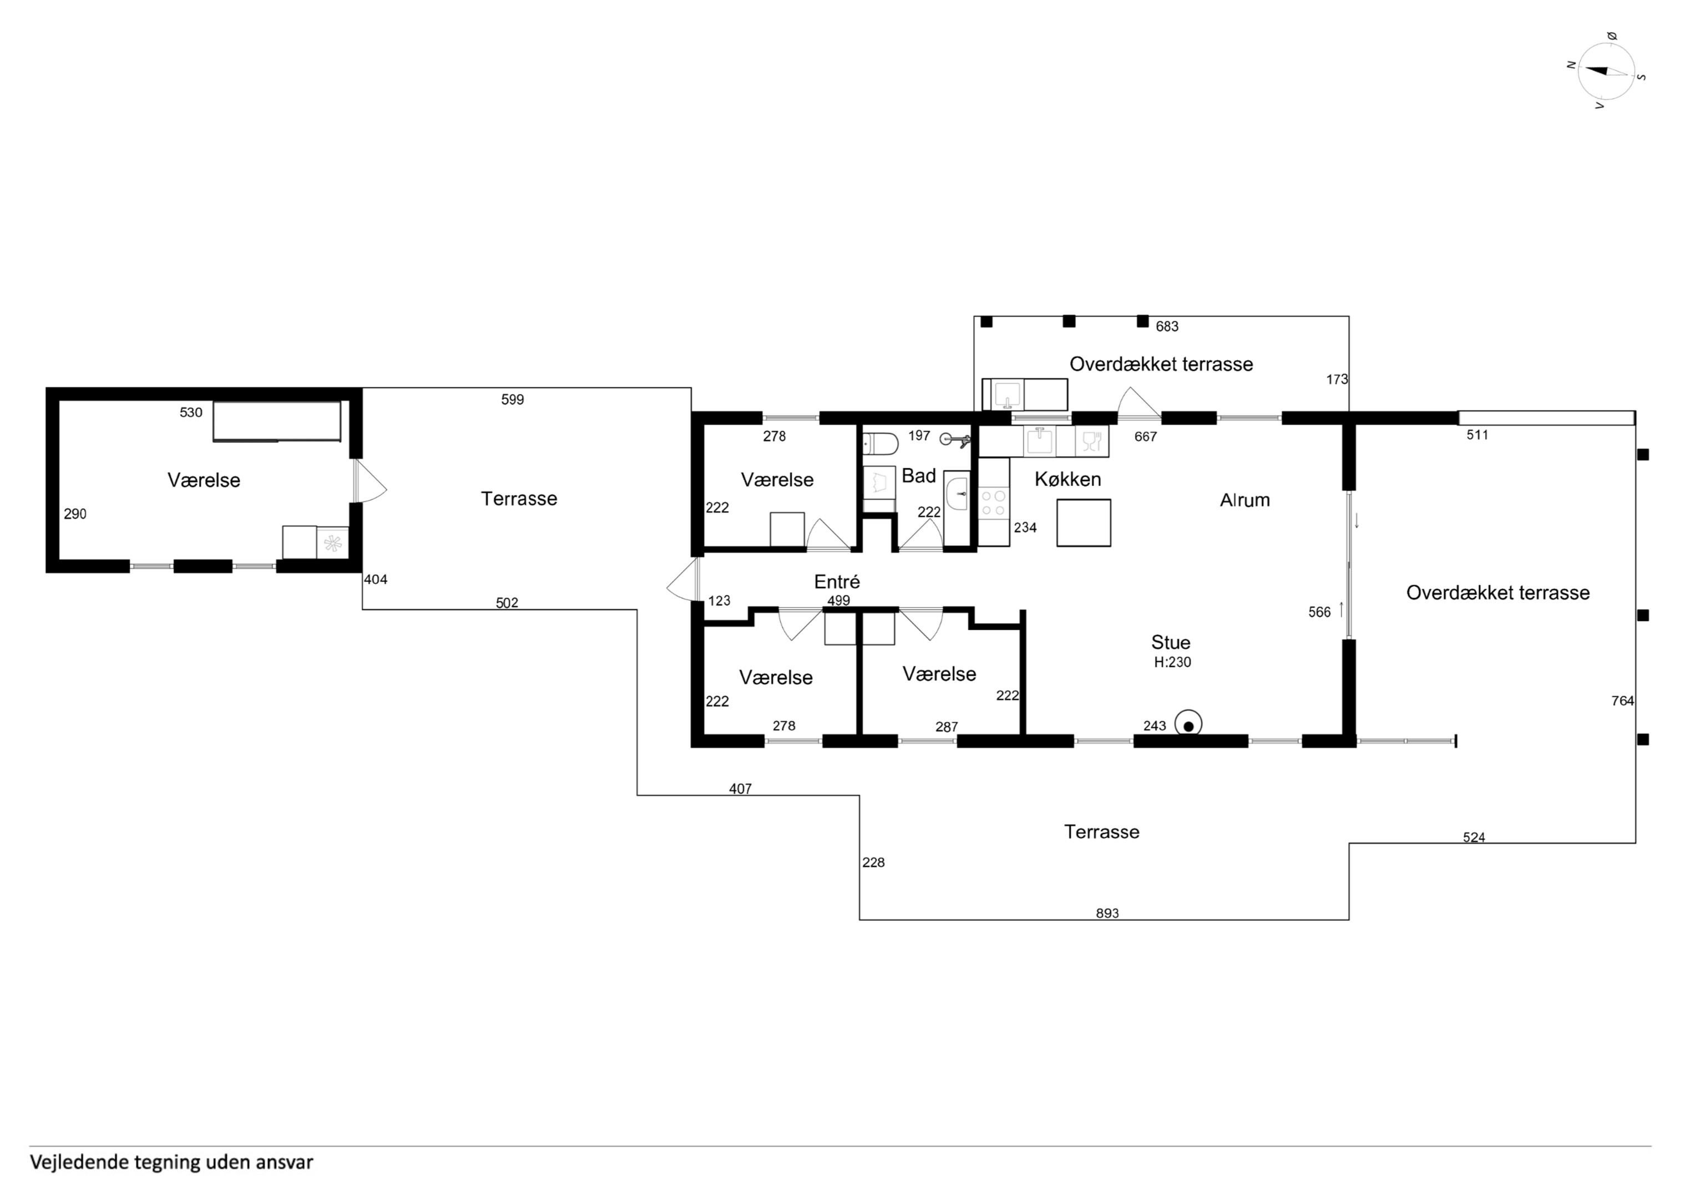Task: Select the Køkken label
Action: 1067,479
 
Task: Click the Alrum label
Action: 1244,500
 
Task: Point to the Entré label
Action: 837,582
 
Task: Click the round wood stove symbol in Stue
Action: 1188,724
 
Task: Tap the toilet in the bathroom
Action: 880,444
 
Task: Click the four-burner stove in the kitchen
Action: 993,502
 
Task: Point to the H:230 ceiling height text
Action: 1172,662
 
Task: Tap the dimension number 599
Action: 512,399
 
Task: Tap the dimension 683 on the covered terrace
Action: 1167,326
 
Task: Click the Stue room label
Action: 1171,642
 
